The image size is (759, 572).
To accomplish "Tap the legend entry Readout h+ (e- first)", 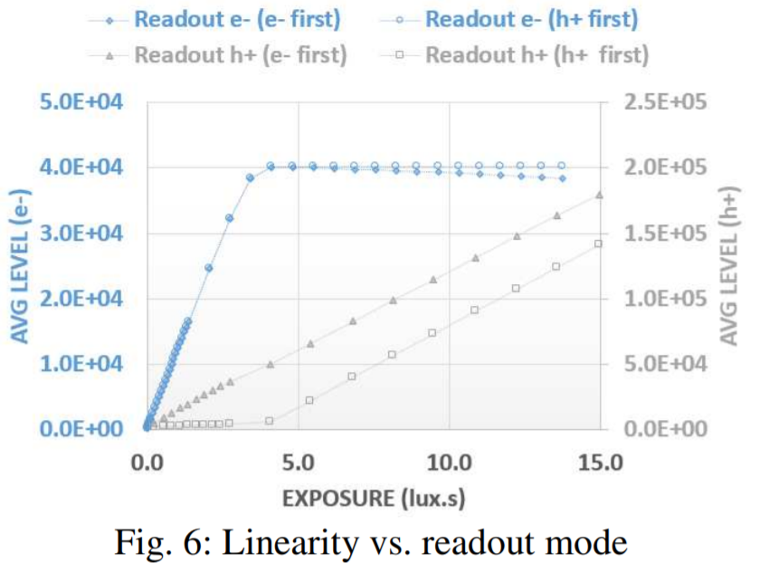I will pyautogui.click(x=240, y=54).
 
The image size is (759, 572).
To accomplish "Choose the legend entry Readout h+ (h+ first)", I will pyautogui.click(x=536, y=54).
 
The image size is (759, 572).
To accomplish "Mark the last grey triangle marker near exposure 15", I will pyautogui.click(x=599, y=195).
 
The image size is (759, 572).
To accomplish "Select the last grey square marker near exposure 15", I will pyautogui.click(x=598, y=244).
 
